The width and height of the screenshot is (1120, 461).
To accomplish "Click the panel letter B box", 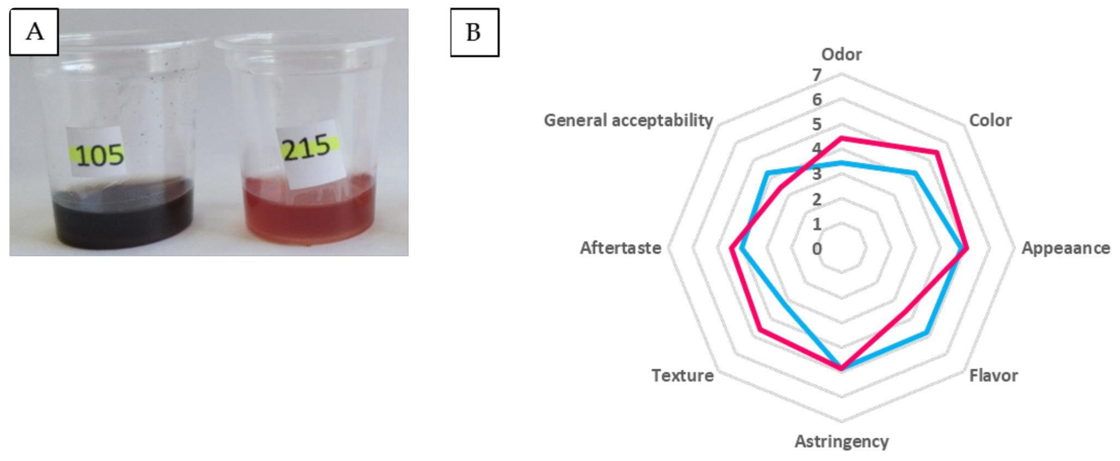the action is point(474,33).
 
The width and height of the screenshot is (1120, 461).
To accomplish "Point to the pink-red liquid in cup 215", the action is point(309,213).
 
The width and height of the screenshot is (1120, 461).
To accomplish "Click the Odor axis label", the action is point(841,55).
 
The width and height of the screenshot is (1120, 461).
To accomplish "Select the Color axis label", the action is point(990,120).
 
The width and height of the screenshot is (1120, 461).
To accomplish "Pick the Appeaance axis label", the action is point(1065,248).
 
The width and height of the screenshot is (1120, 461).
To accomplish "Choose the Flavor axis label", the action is point(993,375).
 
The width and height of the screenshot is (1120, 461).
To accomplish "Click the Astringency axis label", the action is point(841,441).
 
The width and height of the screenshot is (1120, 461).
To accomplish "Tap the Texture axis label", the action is point(682,375).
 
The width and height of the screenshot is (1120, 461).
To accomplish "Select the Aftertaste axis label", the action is point(620,248).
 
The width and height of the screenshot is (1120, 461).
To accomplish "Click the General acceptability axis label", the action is point(628,120).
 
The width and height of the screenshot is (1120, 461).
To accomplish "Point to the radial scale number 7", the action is point(817,76).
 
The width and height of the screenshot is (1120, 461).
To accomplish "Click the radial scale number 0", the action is point(817,249).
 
